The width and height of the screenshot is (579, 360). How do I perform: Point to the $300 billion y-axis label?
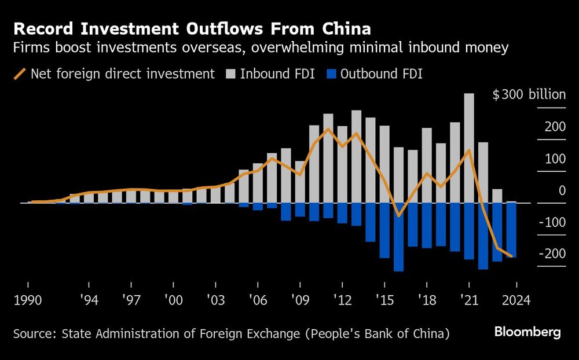point(528,95)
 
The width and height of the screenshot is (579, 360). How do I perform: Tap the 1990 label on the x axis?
point(28,301)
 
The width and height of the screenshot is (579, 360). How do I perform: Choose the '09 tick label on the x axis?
point(300,301)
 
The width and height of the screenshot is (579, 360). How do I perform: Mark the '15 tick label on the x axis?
point(384,301)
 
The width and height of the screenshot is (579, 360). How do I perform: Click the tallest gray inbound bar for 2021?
point(469,148)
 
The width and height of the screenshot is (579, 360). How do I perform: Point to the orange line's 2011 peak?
point(328,128)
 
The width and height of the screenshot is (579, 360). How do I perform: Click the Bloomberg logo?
point(527,332)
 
